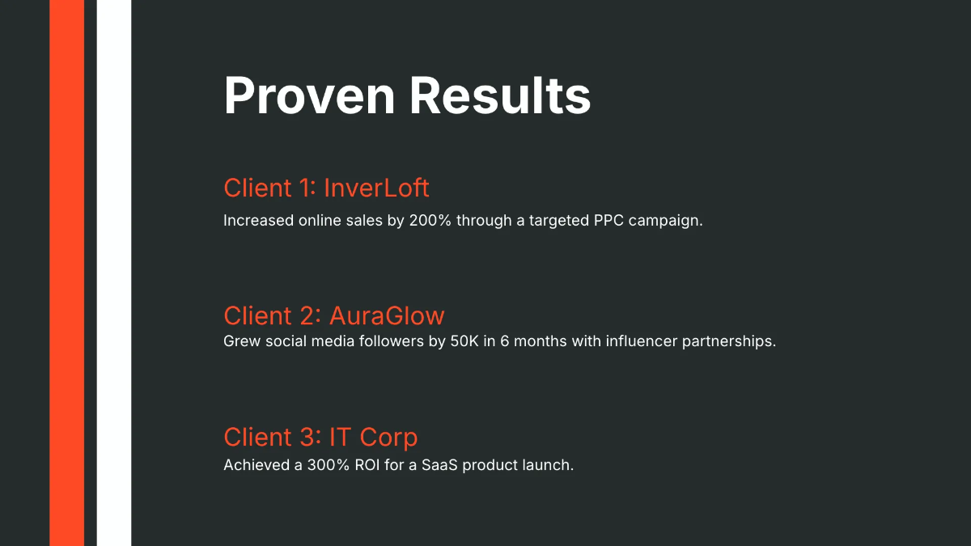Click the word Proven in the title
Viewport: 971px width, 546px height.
(x=309, y=95)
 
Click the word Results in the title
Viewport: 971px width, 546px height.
(x=500, y=95)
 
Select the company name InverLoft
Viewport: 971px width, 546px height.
(x=376, y=188)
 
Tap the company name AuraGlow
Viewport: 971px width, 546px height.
(x=387, y=315)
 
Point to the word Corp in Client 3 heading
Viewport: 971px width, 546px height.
(x=388, y=437)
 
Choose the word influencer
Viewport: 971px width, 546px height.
(x=637, y=341)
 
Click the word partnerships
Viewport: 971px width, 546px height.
(x=728, y=341)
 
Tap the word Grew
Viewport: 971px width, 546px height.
(x=240, y=341)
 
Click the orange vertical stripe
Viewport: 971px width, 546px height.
(x=66, y=273)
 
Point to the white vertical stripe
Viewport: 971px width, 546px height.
(x=114, y=273)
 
